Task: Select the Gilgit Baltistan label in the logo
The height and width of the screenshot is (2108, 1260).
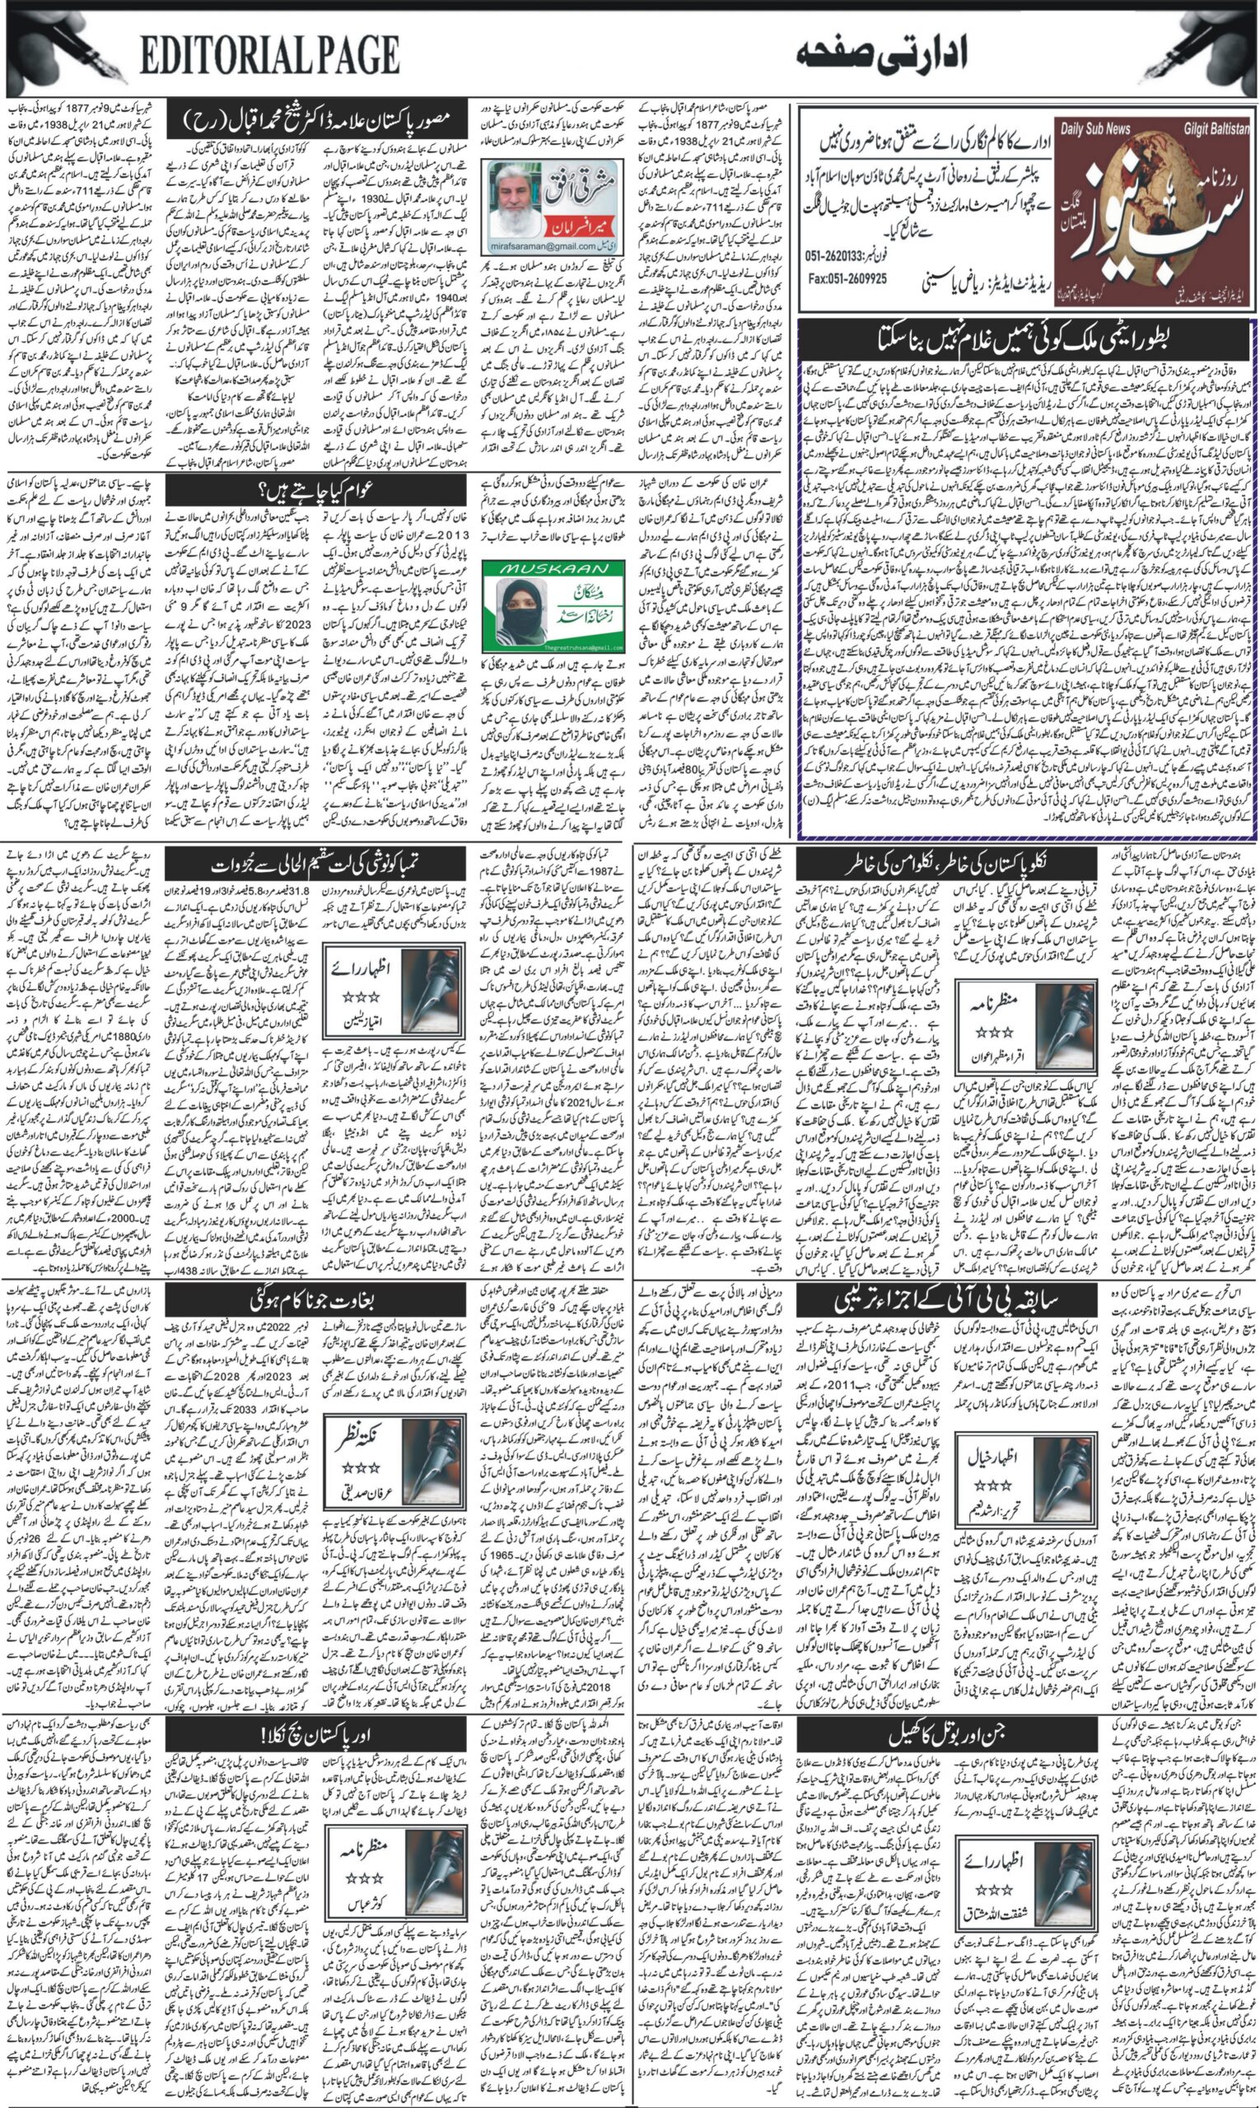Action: pyautogui.click(x=1216, y=129)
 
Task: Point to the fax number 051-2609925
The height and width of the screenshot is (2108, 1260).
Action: pyautogui.click(x=847, y=279)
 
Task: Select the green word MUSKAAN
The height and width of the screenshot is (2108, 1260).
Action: pyautogui.click(x=553, y=568)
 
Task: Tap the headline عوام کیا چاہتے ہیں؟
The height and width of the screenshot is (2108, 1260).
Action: pyautogui.click(x=316, y=490)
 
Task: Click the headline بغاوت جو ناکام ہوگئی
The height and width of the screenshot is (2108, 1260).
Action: pyautogui.click(x=316, y=1301)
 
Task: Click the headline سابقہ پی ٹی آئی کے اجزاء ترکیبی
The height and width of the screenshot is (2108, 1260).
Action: pyautogui.click(x=942, y=1301)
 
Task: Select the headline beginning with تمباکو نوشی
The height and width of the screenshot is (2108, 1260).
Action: pyautogui.click(x=316, y=865)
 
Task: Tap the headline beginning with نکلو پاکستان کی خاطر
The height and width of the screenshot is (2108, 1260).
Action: pyautogui.click(x=942, y=865)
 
